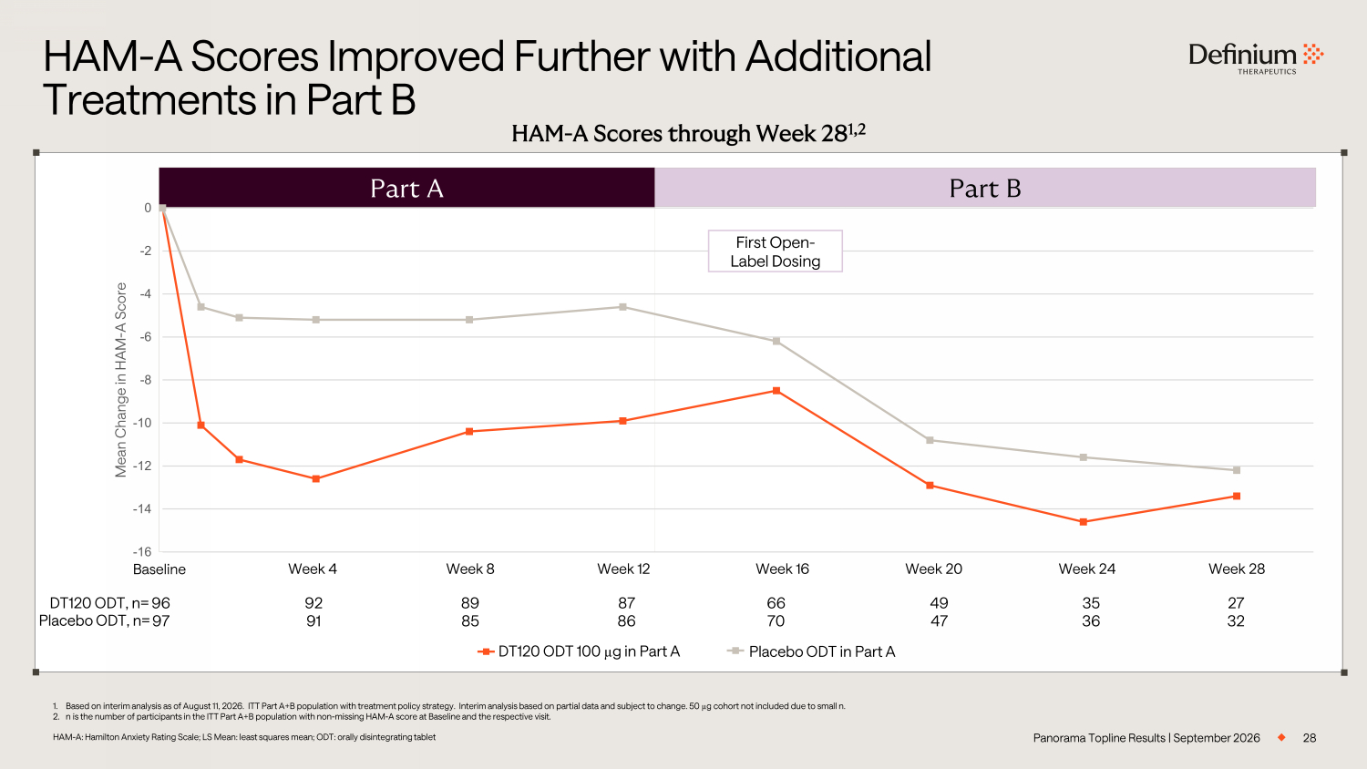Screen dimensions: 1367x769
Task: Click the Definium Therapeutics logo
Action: tap(1256, 58)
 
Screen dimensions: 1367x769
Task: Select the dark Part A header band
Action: tap(406, 188)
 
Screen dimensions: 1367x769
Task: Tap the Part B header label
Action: tap(985, 188)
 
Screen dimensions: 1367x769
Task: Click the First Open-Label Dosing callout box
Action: tap(775, 251)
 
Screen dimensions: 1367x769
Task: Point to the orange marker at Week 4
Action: tap(315, 479)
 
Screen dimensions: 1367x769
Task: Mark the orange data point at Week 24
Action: tap(1084, 522)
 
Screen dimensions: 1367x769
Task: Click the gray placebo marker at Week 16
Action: tap(776, 341)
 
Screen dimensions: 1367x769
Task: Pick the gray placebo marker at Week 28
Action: tap(1237, 470)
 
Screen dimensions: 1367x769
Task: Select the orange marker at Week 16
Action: tap(776, 391)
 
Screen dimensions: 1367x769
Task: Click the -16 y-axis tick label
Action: tap(142, 552)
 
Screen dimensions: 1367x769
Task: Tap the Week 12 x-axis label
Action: tap(623, 569)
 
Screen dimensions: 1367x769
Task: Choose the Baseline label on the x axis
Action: tap(159, 569)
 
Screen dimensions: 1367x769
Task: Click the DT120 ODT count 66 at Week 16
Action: tap(776, 603)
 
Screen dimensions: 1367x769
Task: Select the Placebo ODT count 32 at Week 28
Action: tap(1236, 620)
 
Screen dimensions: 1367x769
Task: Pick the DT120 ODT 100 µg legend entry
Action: tap(579, 651)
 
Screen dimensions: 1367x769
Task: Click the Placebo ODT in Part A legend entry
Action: tap(811, 651)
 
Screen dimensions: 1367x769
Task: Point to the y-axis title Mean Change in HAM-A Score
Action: tap(121, 380)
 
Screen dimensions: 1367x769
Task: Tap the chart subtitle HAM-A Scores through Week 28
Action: tap(688, 133)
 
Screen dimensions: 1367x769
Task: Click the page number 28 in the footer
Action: tap(1309, 738)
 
